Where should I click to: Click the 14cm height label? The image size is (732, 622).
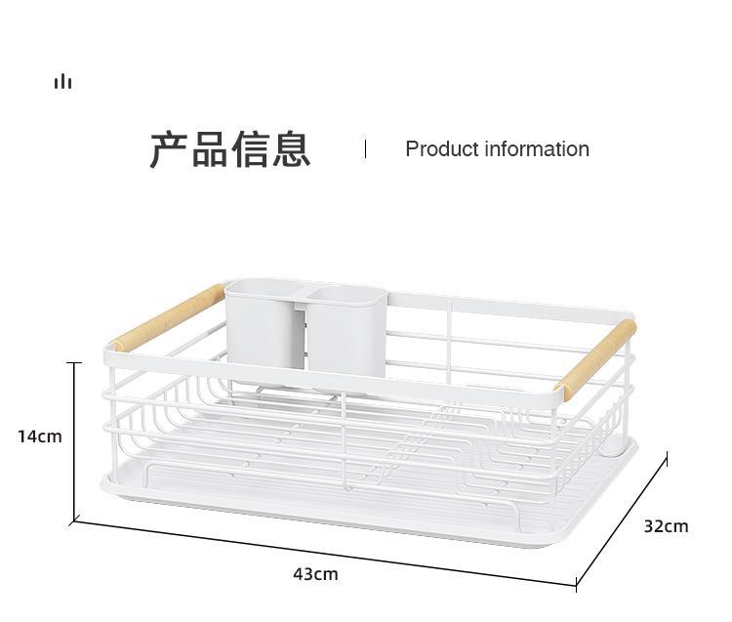click(39, 435)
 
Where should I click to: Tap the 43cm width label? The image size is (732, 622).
click(315, 573)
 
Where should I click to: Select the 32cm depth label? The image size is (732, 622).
click(666, 525)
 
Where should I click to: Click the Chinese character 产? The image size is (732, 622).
click(169, 149)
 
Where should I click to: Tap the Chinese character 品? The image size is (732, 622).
click(210, 149)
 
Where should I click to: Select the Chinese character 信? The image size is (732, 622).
click(251, 149)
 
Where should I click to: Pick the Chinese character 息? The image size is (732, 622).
click(291, 149)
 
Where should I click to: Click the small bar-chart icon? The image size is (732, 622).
click(62, 82)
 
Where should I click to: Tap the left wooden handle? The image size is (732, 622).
click(168, 315)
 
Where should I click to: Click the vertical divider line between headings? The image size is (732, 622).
click(365, 148)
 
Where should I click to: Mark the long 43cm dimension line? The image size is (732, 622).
click(322, 554)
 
